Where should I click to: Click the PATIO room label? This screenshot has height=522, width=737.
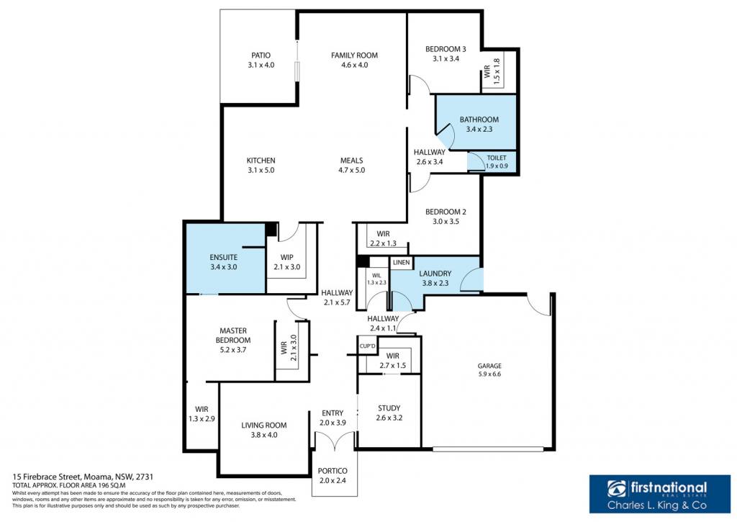(261, 55)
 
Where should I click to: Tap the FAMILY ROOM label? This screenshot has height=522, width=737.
(354, 55)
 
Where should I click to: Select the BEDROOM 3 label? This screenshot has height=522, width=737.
(446, 49)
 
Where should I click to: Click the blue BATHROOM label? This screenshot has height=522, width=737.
(479, 120)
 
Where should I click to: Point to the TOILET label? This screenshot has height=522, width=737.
(497, 158)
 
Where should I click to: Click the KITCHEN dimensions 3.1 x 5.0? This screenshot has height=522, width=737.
(261, 170)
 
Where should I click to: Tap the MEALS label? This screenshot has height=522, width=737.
(351, 161)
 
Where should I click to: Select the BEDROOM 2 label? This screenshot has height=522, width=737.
(446, 212)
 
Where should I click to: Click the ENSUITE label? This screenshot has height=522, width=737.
(224, 257)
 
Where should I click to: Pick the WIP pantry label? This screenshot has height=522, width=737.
(286, 257)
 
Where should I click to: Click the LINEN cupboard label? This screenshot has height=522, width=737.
(401, 262)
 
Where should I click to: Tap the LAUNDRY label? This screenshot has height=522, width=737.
(435, 273)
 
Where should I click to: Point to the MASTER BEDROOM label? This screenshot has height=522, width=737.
(233, 336)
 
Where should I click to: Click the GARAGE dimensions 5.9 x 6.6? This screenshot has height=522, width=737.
(489, 374)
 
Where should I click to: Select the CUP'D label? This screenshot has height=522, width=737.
(368, 346)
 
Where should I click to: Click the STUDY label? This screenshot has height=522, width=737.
(389, 408)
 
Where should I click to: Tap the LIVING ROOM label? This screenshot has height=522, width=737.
(263, 425)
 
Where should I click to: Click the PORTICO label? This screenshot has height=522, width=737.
(333, 471)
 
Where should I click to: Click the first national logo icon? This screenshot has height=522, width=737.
(617, 489)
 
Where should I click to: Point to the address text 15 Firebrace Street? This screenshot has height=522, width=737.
(47, 476)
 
